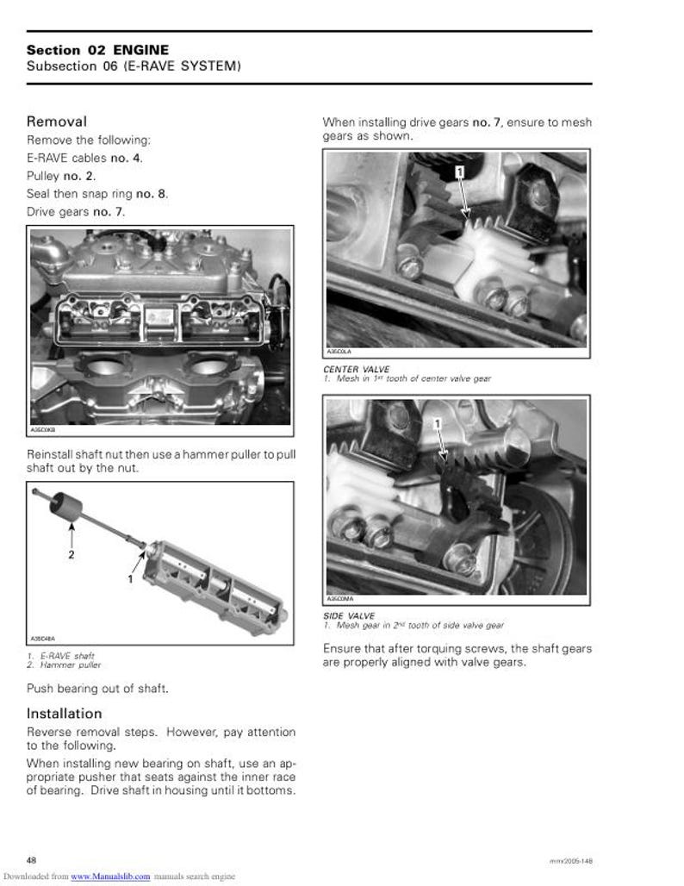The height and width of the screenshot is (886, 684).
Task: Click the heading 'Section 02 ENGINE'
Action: (x=97, y=51)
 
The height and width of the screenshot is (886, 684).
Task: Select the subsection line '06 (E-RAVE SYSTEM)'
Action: (x=134, y=66)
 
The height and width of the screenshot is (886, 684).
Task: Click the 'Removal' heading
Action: (x=56, y=122)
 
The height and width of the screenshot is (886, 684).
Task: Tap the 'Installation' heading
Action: (x=64, y=714)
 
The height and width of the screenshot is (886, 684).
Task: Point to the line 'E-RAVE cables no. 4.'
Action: (x=84, y=158)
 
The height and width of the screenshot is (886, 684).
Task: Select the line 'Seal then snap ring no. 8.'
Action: (x=96, y=194)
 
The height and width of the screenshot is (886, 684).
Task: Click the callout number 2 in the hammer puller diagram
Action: (x=71, y=555)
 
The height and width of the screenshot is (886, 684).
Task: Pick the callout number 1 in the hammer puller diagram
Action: (x=130, y=579)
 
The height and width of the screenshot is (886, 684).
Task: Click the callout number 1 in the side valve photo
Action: (x=437, y=423)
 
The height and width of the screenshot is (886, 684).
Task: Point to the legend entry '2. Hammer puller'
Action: (x=64, y=664)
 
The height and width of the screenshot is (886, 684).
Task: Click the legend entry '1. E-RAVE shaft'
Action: (x=60, y=656)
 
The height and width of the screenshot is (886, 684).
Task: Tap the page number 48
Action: (x=31, y=860)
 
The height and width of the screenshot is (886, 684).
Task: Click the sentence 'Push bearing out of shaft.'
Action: (x=97, y=689)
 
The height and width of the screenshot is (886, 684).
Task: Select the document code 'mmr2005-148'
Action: (x=570, y=861)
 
